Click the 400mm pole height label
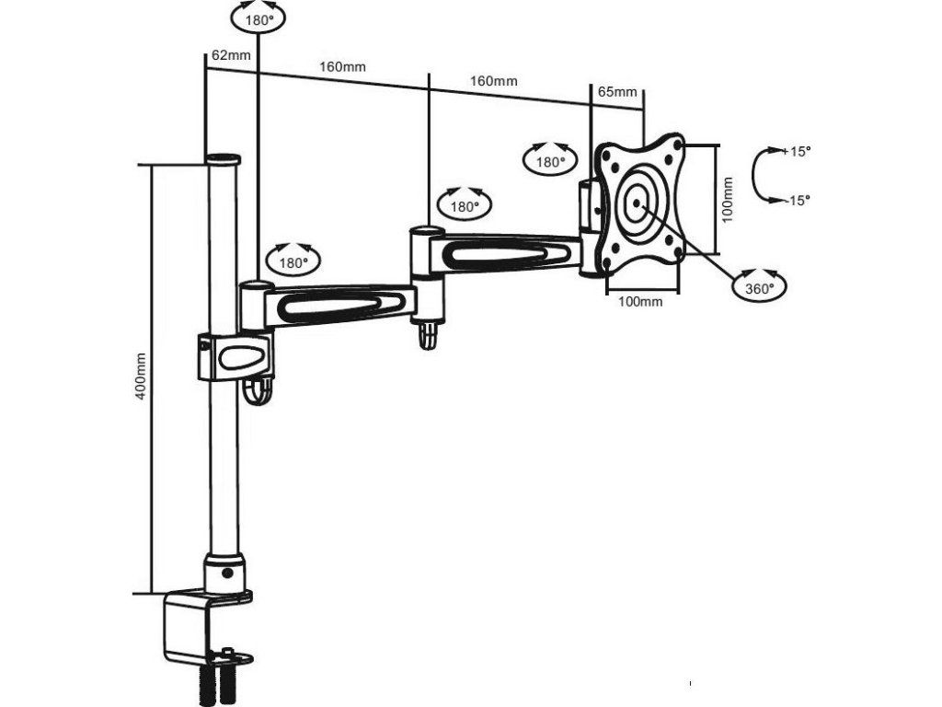click(141, 378)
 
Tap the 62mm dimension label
click(231, 55)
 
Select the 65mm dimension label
click(617, 92)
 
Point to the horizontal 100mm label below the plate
click(640, 301)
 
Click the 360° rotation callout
click(759, 286)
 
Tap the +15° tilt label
click(797, 151)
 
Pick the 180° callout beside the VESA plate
click(550, 160)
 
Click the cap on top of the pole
click(222, 159)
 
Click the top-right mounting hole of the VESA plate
click(679, 144)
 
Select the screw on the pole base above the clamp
click(227, 573)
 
